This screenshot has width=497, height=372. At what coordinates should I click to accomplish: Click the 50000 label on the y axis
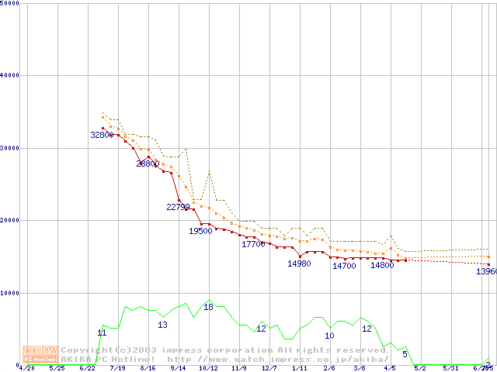[10, 3]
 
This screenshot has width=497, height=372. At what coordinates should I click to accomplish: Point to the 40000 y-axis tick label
[10, 75]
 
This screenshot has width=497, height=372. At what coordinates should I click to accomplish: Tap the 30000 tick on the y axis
[10, 148]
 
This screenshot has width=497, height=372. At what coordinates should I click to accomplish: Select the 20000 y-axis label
[10, 220]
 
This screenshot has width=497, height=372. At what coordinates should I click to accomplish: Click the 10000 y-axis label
[10, 293]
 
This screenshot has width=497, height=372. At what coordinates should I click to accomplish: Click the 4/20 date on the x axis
[26, 369]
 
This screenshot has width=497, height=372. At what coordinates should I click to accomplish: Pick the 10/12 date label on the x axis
[207, 369]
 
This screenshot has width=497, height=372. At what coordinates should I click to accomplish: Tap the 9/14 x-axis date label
[178, 369]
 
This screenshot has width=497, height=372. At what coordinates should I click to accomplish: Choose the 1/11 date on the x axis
[299, 369]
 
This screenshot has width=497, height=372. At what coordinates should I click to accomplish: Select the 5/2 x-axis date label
[420, 369]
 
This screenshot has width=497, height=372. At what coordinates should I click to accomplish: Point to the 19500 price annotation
[200, 231]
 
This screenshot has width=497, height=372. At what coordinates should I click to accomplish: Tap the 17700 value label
[253, 245]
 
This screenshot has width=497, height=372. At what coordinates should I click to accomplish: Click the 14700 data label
[344, 266]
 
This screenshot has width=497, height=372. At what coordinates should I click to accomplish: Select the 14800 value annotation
[382, 265]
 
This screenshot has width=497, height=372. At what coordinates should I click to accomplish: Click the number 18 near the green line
[208, 308]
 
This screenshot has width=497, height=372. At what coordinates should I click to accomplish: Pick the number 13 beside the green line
[162, 325]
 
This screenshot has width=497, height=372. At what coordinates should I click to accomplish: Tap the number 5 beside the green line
[405, 354]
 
